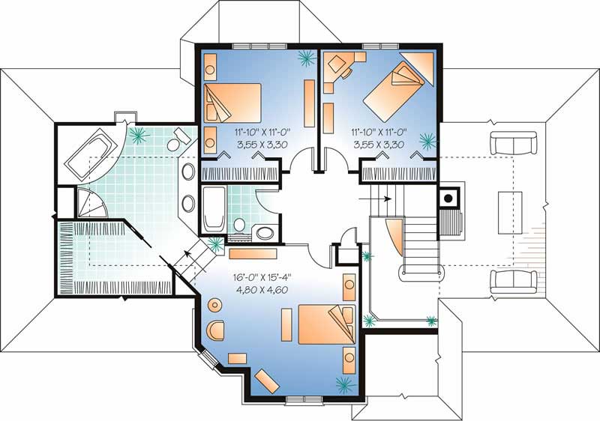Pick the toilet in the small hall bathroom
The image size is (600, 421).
[239, 225]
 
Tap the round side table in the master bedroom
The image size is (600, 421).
[215, 305]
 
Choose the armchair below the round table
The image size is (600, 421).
[216, 330]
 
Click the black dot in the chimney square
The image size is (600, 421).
[449, 198]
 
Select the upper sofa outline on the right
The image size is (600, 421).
[514, 142]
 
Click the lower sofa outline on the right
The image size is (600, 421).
[514, 282]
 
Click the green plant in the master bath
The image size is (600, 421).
[138, 135]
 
